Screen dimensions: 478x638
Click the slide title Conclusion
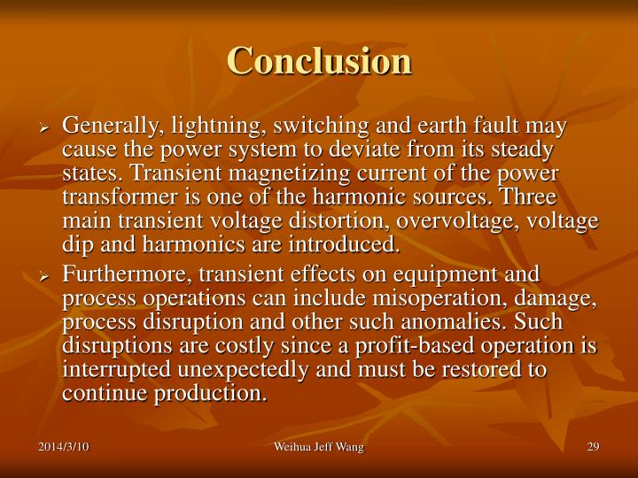point(319,61)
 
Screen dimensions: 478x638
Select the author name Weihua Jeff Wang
point(318,447)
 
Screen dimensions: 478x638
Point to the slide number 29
point(593,447)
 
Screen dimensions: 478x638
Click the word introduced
point(343,243)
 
